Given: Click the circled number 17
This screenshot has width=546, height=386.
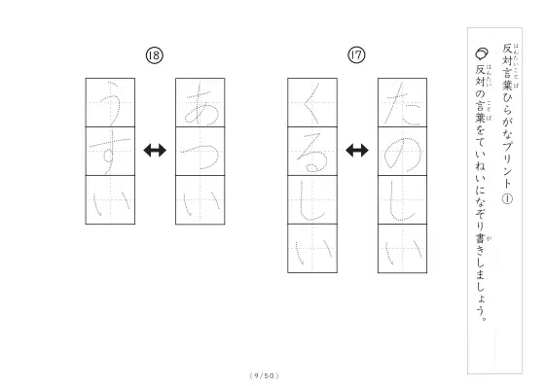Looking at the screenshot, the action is (356, 55).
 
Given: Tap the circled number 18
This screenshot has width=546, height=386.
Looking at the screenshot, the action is (154, 55).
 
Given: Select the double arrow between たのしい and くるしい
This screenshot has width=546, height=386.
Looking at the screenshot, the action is (357, 151).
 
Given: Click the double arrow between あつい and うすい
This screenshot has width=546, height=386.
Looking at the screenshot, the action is (155, 151).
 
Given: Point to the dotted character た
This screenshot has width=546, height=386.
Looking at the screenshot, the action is (402, 104).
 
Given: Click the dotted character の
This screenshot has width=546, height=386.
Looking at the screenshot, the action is (403, 154).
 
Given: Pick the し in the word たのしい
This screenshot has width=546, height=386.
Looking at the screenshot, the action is (400, 201).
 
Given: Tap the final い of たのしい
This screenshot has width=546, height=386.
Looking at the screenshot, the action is (404, 251).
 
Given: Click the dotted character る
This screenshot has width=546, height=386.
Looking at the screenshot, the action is (312, 153).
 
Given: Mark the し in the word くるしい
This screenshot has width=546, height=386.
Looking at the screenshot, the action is (310, 201).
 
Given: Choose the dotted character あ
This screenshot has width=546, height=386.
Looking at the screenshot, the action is (201, 104).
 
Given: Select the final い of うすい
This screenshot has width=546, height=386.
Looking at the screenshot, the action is (111, 203).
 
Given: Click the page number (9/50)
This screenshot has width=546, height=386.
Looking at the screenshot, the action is (265, 375).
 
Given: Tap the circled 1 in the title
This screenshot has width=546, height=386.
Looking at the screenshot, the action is (507, 199).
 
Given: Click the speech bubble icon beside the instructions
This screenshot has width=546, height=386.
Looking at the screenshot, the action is (482, 53).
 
